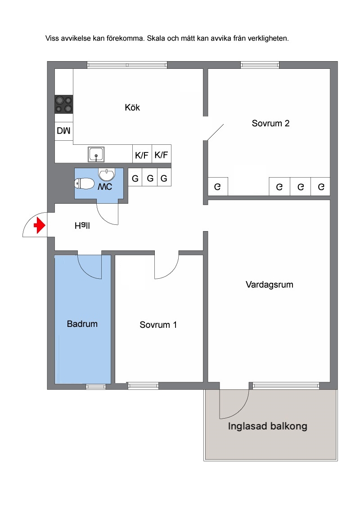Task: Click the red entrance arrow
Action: (39, 225)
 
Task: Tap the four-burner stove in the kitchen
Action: (64, 104)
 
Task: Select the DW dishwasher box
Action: (64, 131)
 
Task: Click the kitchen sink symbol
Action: (96, 155)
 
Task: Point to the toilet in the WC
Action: (84, 183)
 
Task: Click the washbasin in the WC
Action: (107, 174)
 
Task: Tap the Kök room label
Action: (132, 107)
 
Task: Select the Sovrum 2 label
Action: (270, 123)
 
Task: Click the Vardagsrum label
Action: (270, 285)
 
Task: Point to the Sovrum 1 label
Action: (158, 325)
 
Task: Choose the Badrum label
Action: (82, 324)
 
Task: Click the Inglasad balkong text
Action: (267, 426)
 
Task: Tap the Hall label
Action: (82, 225)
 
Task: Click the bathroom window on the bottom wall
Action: (96, 387)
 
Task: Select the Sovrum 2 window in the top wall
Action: (260, 65)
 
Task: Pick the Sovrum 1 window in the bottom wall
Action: (143, 386)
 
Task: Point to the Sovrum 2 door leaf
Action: (216, 132)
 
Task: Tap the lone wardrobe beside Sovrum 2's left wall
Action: (218, 187)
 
